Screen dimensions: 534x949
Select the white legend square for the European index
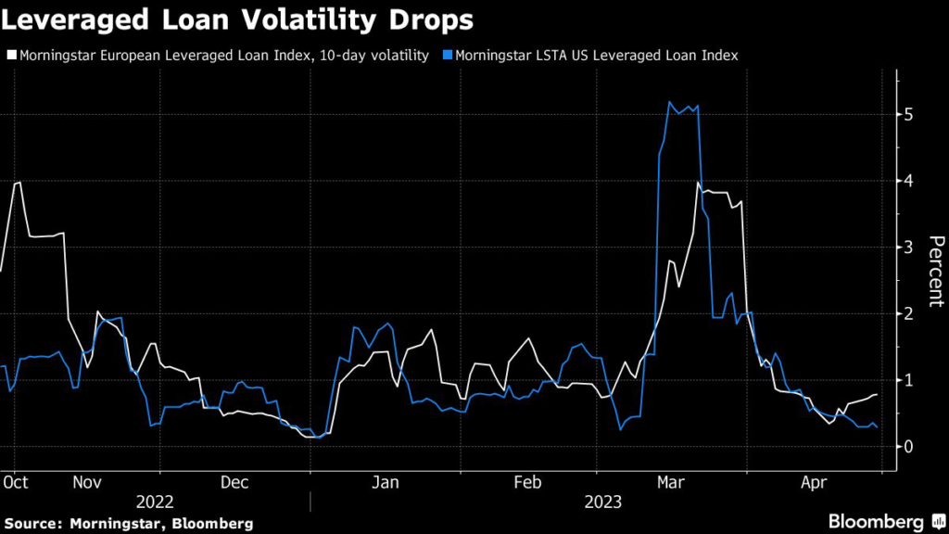(x=10, y=57)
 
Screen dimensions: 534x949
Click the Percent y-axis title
(x=936, y=271)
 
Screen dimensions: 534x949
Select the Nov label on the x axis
(x=87, y=482)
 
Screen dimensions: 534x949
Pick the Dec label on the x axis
(x=234, y=482)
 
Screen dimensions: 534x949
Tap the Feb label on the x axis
(x=526, y=482)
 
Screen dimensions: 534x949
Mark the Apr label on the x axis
(x=815, y=482)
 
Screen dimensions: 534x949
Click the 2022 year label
(x=155, y=502)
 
